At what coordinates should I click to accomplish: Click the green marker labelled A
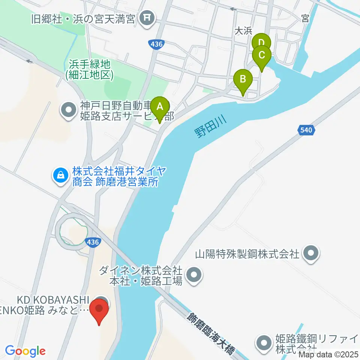[x=160, y=106]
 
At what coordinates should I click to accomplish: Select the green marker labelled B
[x=243, y=79]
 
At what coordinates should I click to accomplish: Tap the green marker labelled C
[x=261, y=55]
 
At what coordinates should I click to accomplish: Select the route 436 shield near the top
[x=156, y=44]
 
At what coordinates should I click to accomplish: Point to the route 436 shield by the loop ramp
[x=92, y=242]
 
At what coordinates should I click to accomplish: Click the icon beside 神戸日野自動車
[x=69, y=110]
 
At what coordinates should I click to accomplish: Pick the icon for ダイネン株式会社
[x=194, y=275]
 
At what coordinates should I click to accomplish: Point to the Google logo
[x=25, y=351]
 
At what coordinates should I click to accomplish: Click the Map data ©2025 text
[x=330, y=354]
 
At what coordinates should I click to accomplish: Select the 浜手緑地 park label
[x=89, y=70]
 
